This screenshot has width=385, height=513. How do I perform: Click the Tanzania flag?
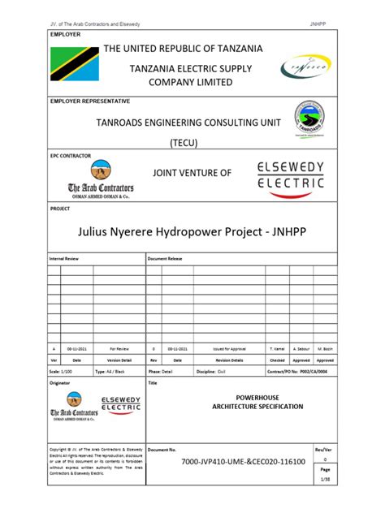pos(75,63)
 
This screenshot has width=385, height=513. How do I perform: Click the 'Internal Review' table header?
pos(68,258)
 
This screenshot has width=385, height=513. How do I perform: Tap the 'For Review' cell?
pos(119,347)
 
